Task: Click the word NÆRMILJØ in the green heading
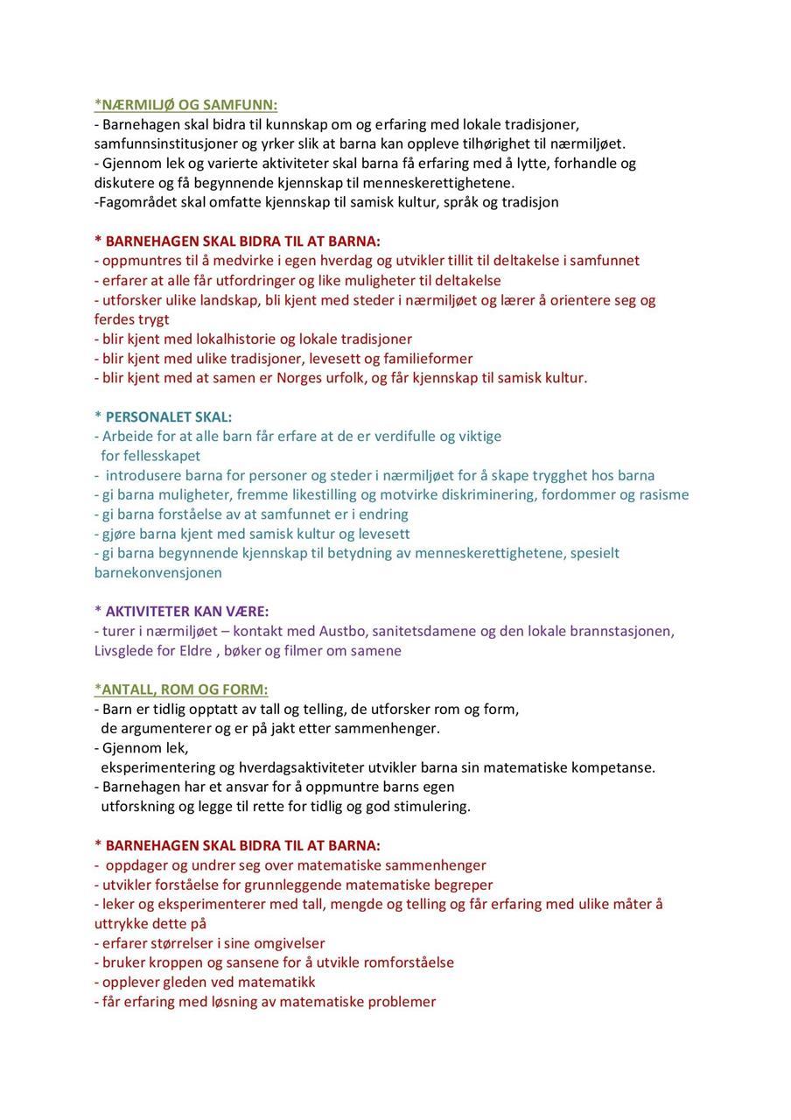pos(132,105)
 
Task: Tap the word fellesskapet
pos(150,456)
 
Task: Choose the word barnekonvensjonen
pos(158,573)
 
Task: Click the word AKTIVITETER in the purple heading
pos(150,612)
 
